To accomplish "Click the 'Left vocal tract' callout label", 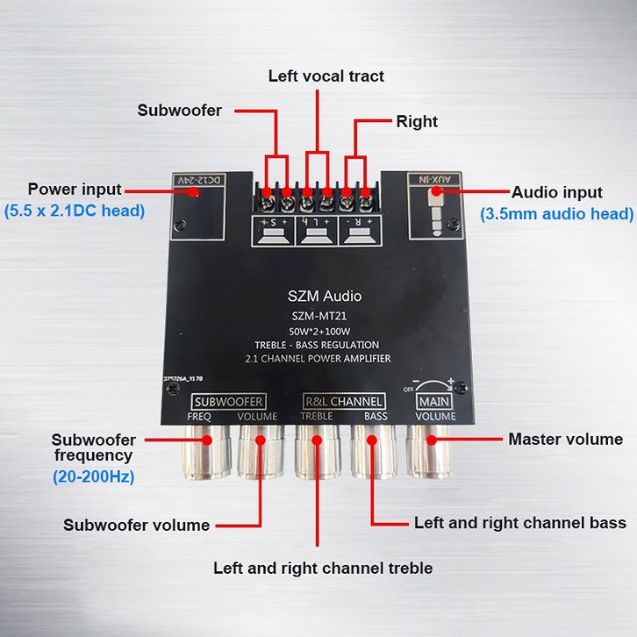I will (326, 76).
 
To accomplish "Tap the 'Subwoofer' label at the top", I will (179, 111).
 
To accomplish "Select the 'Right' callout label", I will (417, 121).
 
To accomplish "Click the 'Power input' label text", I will (75, 189).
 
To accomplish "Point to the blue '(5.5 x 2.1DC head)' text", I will (75, 211).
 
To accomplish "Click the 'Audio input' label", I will (557, 192).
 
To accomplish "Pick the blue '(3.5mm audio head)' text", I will (556, 213).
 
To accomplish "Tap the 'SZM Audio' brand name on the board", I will (324, 296).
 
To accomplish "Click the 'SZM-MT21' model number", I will (324, 316).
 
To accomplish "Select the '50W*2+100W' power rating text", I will (324, 331).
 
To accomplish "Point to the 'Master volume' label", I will (565, 439).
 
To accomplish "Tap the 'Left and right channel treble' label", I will (323, 568).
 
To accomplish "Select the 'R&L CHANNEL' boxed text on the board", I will (343, 402).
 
